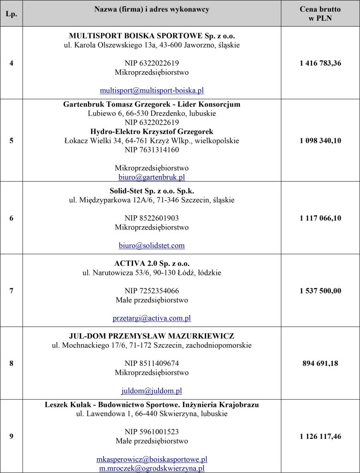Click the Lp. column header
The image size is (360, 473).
pos(11,14)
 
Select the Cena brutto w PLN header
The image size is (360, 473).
pos(320,14)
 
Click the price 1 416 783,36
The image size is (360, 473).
pos(320,63)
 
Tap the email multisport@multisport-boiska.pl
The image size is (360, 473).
pos(152,91)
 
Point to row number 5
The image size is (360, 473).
pos(11,140)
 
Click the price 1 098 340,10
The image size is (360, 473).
pos(320,140)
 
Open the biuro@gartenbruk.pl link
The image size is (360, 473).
pos(152,177)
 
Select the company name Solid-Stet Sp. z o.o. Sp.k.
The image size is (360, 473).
pos(152,191)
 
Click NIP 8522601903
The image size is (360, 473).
pos(152,218)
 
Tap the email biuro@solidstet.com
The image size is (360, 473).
pos(152,245)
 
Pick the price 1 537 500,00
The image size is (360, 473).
pos(320,291)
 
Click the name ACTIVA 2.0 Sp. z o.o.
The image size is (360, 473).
pos(152,263)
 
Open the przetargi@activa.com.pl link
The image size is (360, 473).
pos(152,318)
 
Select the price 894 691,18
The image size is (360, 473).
pos(320,363)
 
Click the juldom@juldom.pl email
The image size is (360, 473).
pos(152,391)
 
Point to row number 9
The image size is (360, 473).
pos(11,436)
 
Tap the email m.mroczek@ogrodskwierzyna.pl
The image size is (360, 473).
pos(152,468)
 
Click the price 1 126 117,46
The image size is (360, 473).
pos(320,436)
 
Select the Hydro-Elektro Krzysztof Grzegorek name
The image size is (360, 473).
pos(152,131)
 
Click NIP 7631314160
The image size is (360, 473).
pos(152,150)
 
